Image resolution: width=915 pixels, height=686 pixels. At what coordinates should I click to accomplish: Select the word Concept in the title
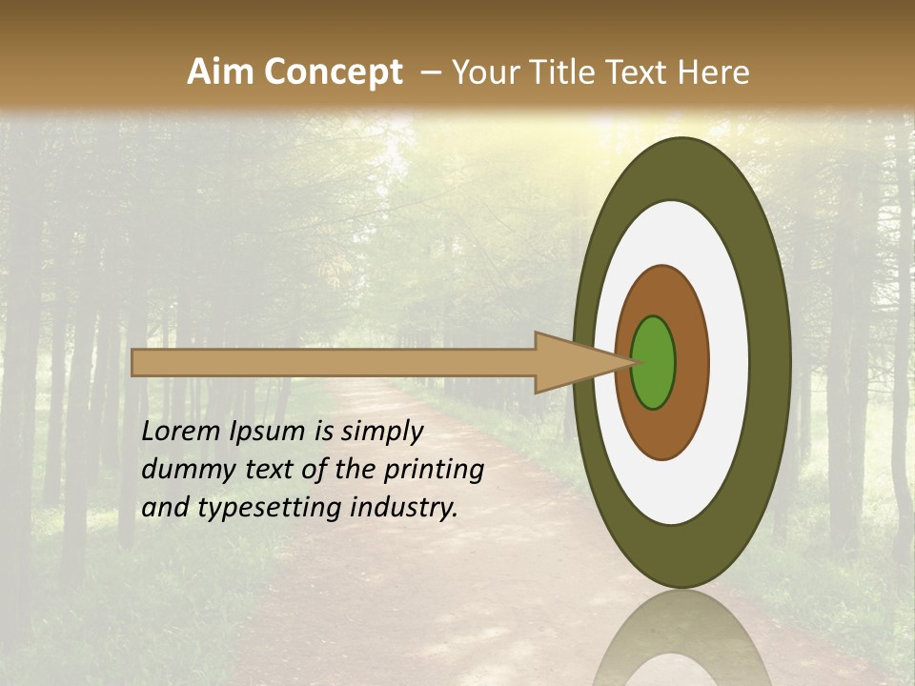coord(335,72)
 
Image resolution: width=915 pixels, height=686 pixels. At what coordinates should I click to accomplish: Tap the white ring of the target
coord(729,362)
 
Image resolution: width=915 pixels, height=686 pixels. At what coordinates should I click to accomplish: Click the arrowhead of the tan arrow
coord(572,362)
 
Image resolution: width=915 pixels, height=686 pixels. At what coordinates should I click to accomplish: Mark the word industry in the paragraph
coord(404,509)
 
